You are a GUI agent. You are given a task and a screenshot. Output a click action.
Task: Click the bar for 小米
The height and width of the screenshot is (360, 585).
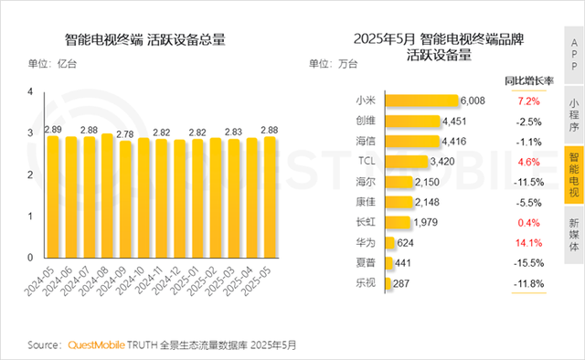[x=420, y=101]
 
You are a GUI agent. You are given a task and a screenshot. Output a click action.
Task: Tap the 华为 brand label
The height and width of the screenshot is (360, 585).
[x=363, y=242]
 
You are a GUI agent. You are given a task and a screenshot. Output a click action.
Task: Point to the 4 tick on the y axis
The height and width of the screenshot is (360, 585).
[x=30, y=92]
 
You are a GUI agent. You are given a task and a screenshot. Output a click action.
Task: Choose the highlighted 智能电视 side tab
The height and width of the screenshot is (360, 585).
[x=573, y=175]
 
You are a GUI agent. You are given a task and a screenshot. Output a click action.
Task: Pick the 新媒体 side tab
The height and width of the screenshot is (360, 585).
[x=573, y=235]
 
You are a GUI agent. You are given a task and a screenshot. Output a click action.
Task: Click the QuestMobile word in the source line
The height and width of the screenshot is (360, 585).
[x=105, y=345]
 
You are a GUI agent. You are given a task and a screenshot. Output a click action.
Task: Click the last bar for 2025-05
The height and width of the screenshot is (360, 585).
[x=270, y=197]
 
